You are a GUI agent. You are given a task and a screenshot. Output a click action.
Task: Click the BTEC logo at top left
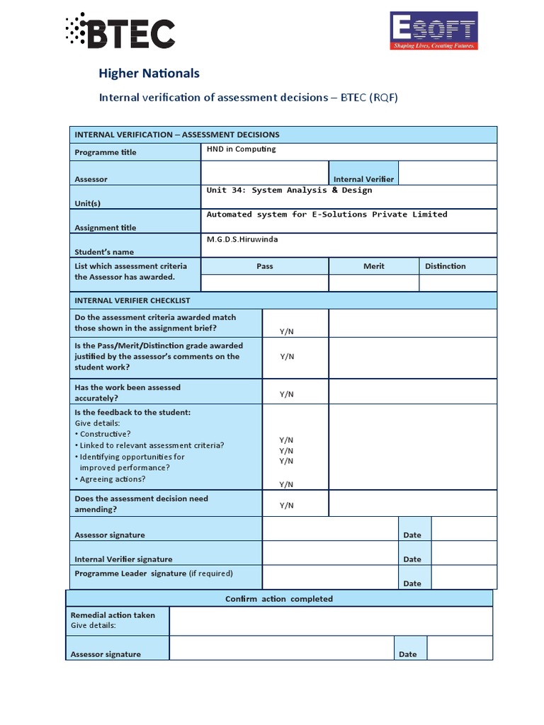[120, 31]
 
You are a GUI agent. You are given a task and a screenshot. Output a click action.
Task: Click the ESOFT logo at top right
[433, 31]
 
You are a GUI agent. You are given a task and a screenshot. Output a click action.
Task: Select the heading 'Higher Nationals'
[149, 73]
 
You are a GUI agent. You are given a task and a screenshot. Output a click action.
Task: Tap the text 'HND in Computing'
[241, 149]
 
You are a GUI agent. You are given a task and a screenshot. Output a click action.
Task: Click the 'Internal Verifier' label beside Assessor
[363, 179]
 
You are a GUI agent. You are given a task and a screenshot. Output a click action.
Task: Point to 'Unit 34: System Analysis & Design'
[289, 190]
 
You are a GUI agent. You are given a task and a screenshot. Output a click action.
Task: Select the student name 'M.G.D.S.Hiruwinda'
[242, 239]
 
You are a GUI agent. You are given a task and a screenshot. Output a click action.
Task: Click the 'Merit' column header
[374, 266]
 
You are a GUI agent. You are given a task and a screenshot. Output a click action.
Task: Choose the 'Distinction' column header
[446, 266]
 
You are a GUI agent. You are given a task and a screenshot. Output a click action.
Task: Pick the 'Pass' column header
[264, 266]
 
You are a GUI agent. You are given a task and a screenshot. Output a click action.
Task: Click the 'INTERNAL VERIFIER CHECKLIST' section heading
[132, 300]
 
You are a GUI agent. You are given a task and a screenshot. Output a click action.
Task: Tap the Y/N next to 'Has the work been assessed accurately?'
[286, 394]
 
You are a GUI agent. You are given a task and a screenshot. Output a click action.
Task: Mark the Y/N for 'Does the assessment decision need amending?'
[286, 506]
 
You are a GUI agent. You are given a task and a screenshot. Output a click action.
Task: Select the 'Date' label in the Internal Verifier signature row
[412, 559]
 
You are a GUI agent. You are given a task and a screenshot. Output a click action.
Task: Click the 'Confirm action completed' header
[278, 599]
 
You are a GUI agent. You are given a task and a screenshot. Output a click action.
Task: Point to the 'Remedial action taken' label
[113, 615]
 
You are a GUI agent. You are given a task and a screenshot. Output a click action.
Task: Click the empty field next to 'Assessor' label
[264, 173]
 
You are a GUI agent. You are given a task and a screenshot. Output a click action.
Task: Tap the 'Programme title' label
[106, 152]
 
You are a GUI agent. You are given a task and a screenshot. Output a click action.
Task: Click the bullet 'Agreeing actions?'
[112, 479]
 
